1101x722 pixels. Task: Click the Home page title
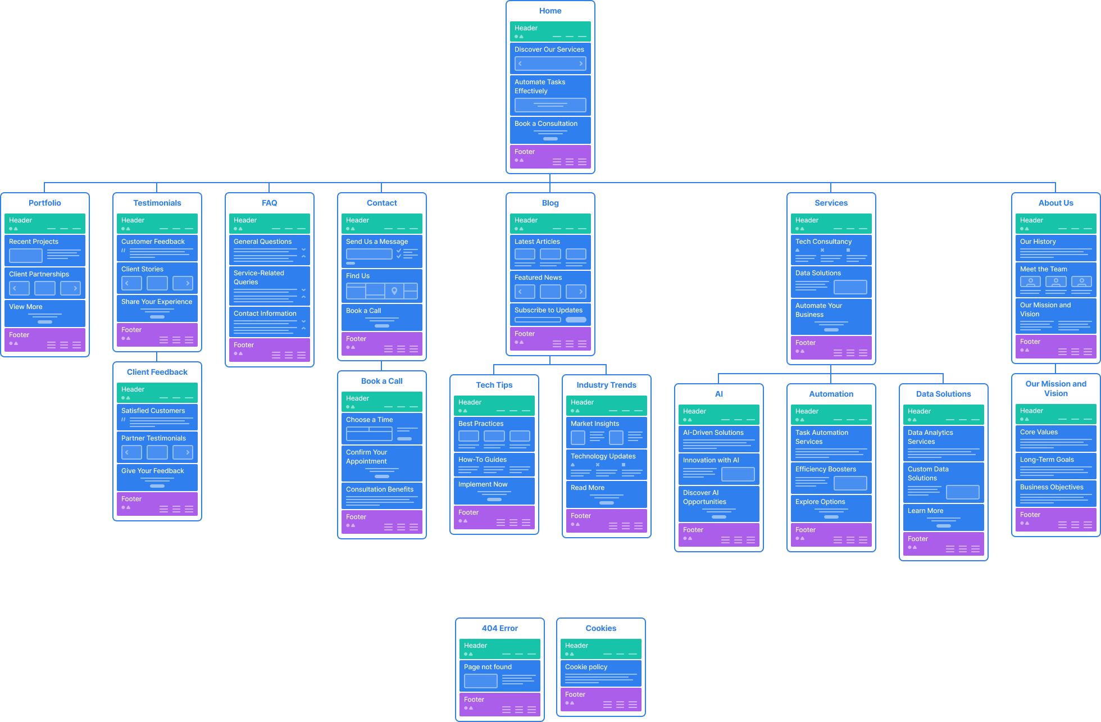(x=550, y=11)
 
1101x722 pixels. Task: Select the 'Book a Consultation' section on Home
(x=550, y=130)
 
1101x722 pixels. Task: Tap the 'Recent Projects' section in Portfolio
(x=44, y=250)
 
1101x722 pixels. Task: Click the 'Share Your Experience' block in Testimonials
(x=157, y=308)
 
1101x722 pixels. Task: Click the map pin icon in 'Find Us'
(x=394, y=291)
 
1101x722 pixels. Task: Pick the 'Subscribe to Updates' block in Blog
(x=550, y=315)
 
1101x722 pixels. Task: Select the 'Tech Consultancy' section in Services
(x=831, y=249)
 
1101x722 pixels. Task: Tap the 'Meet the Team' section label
(x=1043, y=269)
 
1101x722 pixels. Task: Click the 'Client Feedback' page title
(x=157, y=372)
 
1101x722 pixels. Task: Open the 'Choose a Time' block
(x=381, y=429)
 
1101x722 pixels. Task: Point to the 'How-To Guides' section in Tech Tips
(x=494, y=465)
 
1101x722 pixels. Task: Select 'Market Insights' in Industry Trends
(x=606, y=432)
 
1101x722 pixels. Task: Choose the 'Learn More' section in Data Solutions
(x=943, y=517)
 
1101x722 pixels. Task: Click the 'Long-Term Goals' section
(x=1055, y=466)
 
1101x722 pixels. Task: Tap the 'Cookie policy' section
(x=600, y=673)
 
